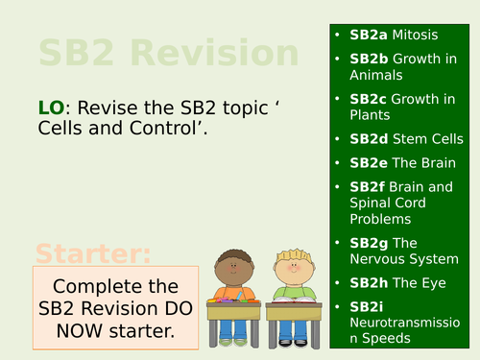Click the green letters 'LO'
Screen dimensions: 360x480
(50, 108)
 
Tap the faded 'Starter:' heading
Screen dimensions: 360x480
(94, 255)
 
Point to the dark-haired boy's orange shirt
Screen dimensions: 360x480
(231, 293)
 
